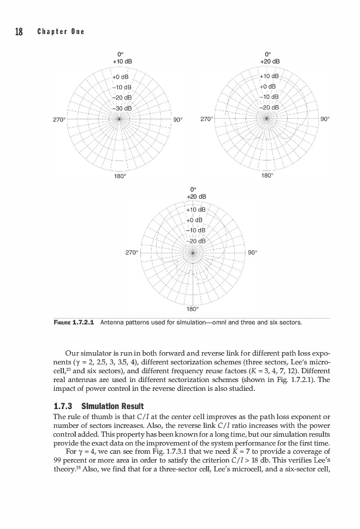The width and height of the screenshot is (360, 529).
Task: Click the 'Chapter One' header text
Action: click(x=61, y=32)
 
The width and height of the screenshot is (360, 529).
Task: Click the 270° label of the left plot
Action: click(x=59, y=119)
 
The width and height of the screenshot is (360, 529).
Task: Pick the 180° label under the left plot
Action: click(x=119, y=175)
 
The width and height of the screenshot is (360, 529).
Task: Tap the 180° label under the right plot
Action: click(x=267, y=175)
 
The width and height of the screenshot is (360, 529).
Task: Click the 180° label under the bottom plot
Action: click(x=193, y=309)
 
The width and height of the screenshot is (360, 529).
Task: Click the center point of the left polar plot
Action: click(x=119, y=118)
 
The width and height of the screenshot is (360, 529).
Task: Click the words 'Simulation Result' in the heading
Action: click(x=107, y=406)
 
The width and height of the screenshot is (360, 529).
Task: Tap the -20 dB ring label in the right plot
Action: click(x=272, y=108)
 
